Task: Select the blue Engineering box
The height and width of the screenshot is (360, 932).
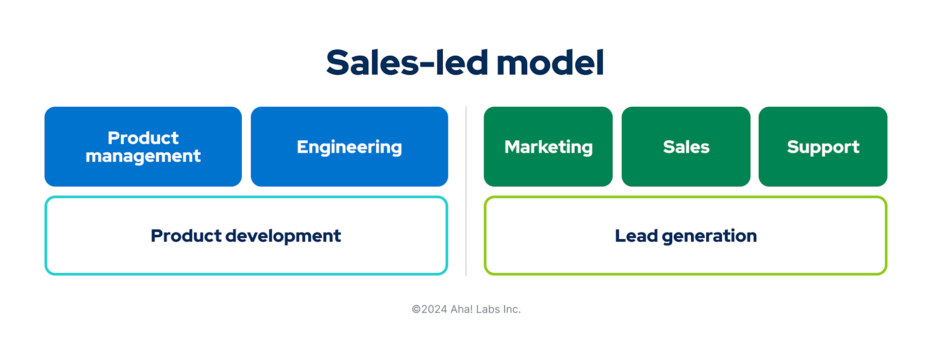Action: click(349, 147)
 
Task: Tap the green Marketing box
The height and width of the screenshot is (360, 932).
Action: click(548, 147)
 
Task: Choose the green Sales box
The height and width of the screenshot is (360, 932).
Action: click(686, 147)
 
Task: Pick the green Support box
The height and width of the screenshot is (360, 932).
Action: click(823, 147)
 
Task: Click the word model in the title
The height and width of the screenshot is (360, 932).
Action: click(550, 63)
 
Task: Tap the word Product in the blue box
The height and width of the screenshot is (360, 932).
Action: click(143, 138)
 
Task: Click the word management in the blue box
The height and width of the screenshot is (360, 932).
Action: click(143, 156)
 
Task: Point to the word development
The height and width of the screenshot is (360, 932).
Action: click(283, 236)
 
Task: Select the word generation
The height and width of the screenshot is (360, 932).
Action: click(709, 236)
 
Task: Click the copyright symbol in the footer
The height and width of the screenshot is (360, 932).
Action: click(416, 310)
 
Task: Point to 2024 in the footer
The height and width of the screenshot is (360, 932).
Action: click(434, 310)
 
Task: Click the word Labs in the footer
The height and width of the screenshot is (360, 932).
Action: click(487, 310)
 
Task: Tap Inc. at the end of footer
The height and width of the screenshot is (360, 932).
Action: click(512, 310)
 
